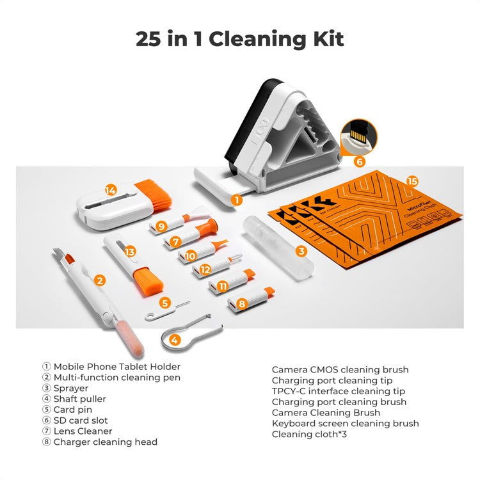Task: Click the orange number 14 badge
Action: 111,190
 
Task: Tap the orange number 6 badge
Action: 359,161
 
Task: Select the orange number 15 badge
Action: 413,182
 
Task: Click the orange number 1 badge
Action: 237,199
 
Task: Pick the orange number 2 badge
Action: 99,280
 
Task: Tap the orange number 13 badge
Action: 131,252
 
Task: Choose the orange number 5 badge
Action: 165,303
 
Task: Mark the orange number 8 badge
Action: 241,303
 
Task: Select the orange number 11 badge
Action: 222,286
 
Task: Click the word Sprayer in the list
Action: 70,388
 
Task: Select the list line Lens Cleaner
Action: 83,431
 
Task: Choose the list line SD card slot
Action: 81,420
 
